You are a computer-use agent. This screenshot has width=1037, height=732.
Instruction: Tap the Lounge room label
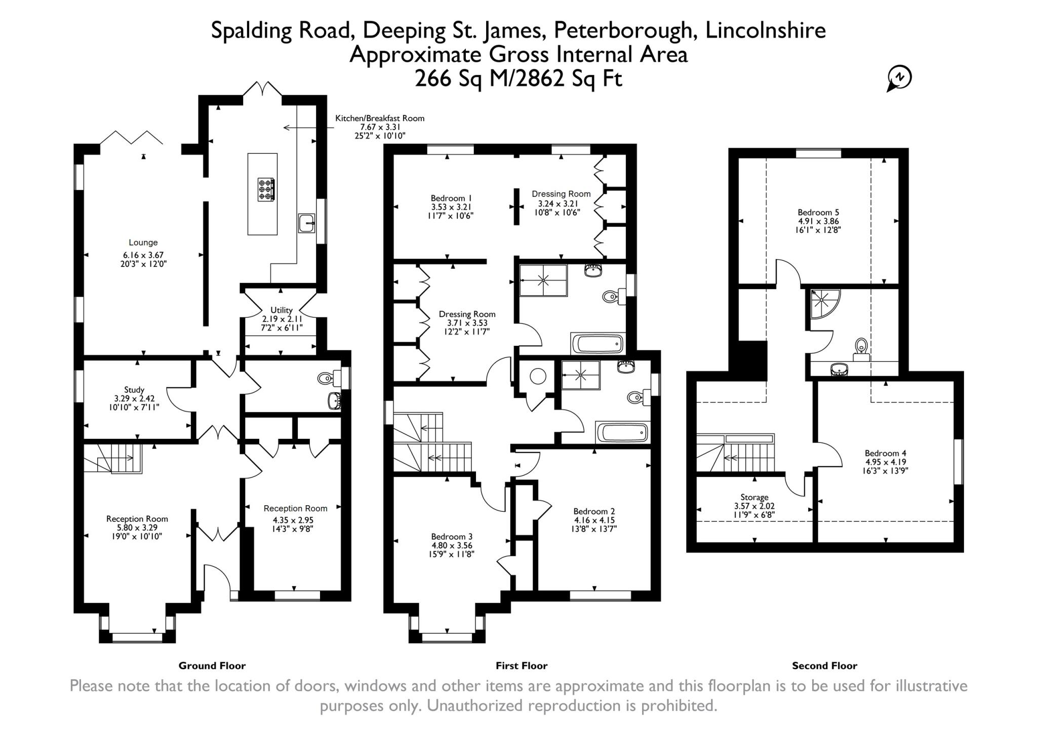point(143,242)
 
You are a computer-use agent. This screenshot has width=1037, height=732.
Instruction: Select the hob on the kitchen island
point(266,189)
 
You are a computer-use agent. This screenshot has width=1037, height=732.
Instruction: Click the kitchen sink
point(306,223)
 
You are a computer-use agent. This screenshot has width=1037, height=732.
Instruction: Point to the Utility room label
point(282,310)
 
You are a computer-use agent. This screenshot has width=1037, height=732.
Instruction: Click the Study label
point(134,390)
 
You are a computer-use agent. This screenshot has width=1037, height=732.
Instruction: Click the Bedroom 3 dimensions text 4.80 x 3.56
point(452,546)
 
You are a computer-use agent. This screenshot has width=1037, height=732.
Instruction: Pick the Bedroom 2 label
point(594,511)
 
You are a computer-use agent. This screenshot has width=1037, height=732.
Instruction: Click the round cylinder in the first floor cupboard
point(538,376)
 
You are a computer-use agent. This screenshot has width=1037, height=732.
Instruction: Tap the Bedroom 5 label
point(815,212)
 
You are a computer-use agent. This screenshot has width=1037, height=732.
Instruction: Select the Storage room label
point(754,497)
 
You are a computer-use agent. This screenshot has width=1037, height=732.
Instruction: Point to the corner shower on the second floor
point(824,303)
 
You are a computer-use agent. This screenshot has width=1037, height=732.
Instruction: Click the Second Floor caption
point(824,666)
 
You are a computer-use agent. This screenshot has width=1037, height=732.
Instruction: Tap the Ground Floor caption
point(212,666)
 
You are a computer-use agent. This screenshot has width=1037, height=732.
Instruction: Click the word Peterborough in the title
point(623,30)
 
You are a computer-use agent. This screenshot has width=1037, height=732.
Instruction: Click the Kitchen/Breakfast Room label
point(380,118)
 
